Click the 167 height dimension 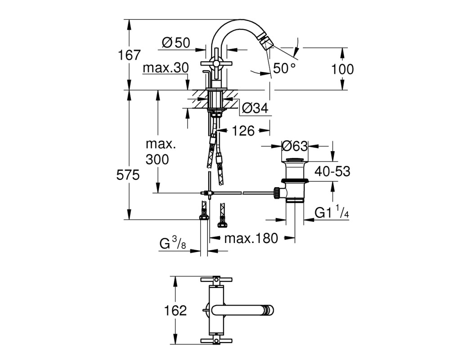click(x=130, y=55)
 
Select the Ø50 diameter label click(x=176, y=43)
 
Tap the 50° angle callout click(x=284, y=68)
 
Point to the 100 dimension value click(x=342, y=69)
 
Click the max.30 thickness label click(x=166, y=68)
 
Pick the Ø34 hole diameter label click(x=255, y=108)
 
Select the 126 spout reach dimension click(x=243, y=131)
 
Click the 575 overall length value click(x=128, y=175)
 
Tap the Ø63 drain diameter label click(x=295, y=146)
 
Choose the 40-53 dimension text click(x=333, y=171)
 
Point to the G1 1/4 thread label click(x=332, y=212)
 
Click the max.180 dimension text click(x=251, y=238)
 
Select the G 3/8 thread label click(x=173, y=243)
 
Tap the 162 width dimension click(x=175, y=310)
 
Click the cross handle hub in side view click(x=215, y=63)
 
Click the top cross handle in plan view click(x=215, y=279)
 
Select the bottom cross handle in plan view click(x=215, y=341)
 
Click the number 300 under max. click(x=157, y=159)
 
